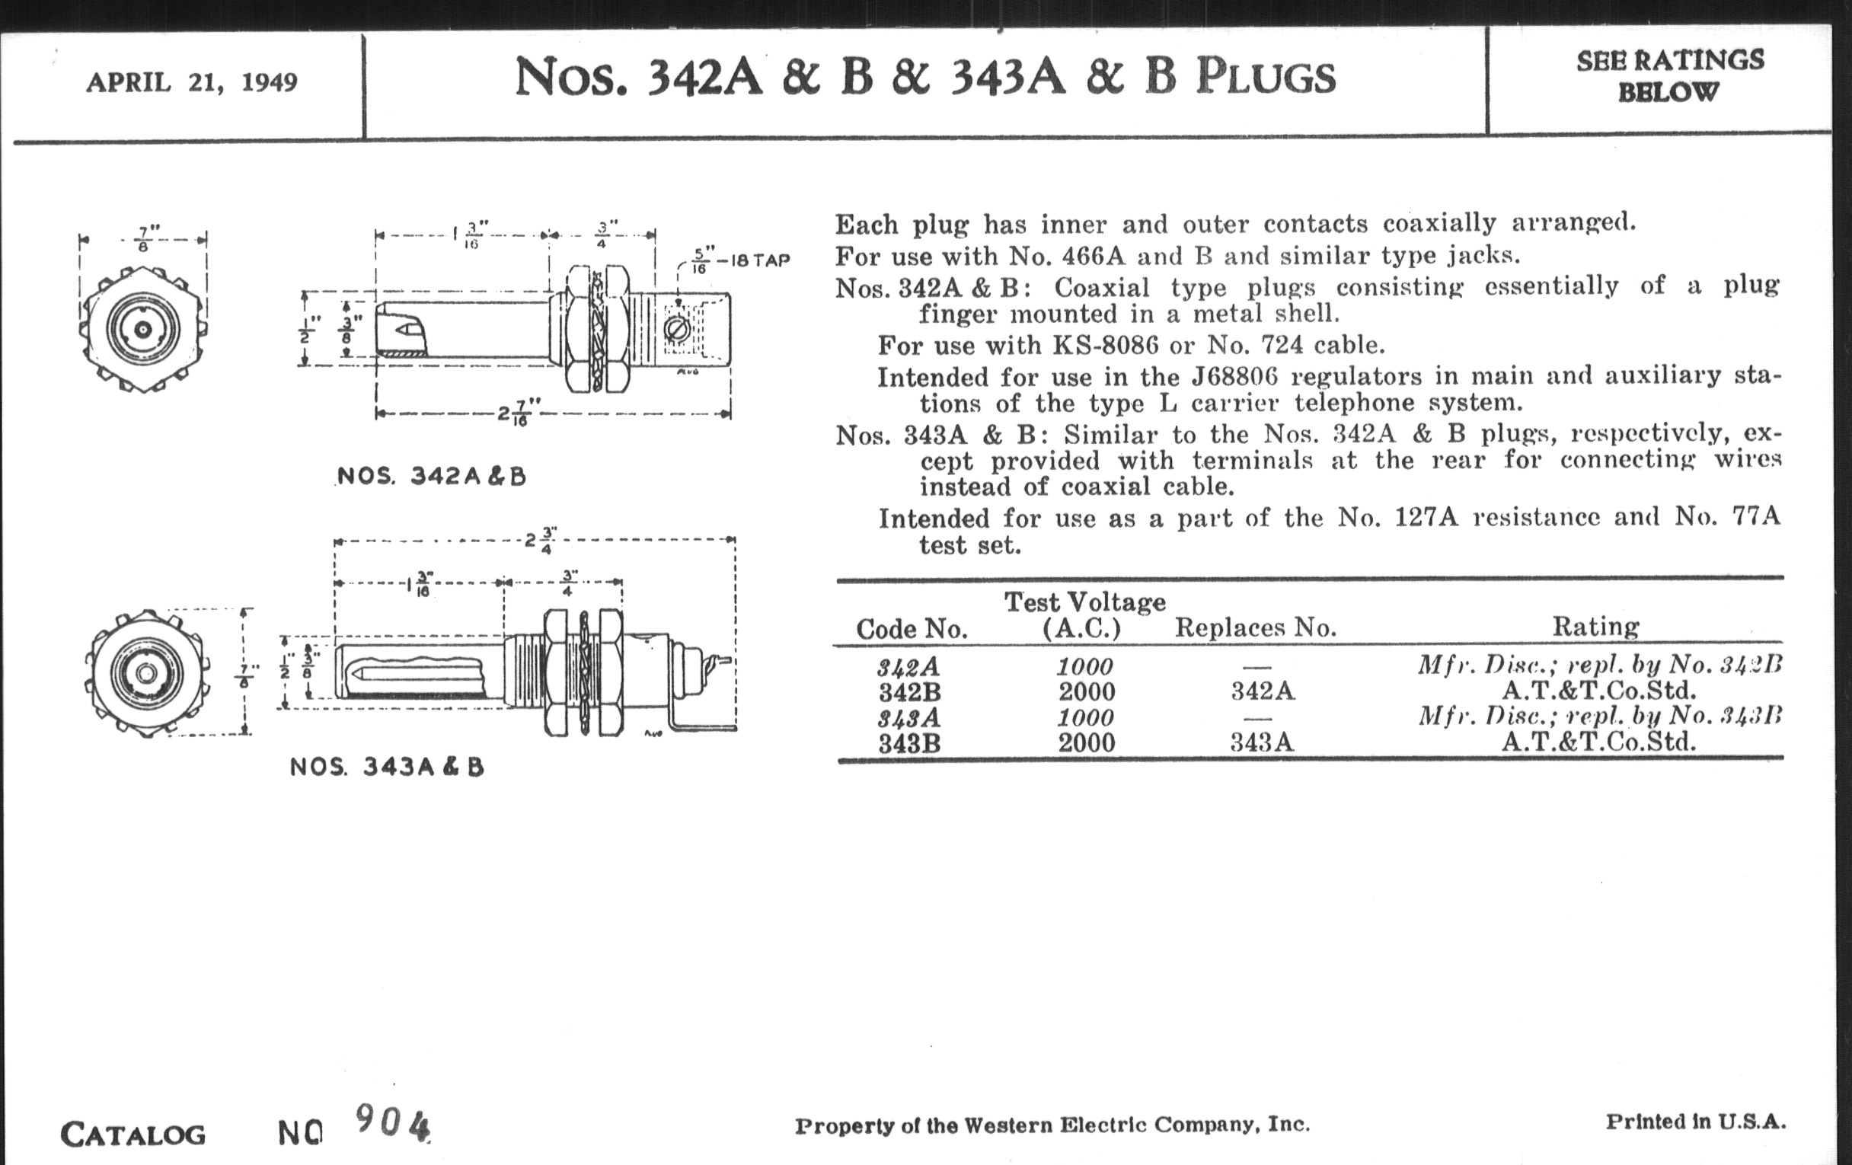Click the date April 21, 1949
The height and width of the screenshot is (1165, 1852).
pyautogui.click(x=191, y=82)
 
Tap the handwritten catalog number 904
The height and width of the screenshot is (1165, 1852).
pyautogui.click(x=391, y=1123)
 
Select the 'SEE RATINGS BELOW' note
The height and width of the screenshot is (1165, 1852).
pyautogui.click(x=1669, y=76)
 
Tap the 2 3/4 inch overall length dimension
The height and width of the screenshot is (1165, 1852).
pyautogui.click(x=541, y=540)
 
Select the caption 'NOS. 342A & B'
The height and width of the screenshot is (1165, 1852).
pyautogui.click(x=432, y=476)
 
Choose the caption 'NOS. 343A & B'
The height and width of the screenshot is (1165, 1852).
pyautogui.click(x=387, y=767)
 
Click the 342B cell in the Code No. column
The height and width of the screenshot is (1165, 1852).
pyautogui.click(x=910, y=692)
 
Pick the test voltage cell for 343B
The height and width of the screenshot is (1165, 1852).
pyautogui.click(x=1086, y=743)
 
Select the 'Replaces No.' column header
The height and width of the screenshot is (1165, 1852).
pyautogui.click(x=1255, y=627)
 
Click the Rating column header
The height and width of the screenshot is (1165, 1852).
pyautogui.click(x=1595, y=627)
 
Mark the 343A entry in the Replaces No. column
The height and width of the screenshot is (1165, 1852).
pyautogui.click(x=1261, y=743)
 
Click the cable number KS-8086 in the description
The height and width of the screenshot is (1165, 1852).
pyautogui.click(x=1104, y=345)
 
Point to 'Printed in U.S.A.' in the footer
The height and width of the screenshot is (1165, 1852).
pyautogui.click(x=1695, y=1122)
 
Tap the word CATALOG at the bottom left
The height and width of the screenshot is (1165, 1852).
pyautogui.click(x=133, y=1135)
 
